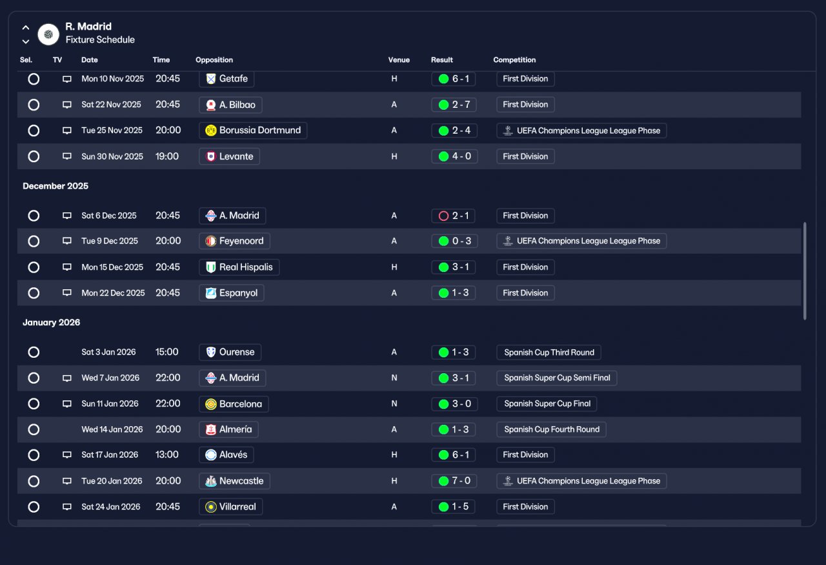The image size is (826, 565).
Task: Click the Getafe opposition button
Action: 227,79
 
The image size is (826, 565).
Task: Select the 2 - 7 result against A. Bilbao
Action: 454,105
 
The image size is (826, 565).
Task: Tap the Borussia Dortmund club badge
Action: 210,130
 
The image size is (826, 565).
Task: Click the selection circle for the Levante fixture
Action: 34,156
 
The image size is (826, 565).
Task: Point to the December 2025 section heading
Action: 55,186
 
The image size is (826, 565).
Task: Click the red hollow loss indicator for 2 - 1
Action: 443,216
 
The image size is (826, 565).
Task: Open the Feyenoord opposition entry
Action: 234,241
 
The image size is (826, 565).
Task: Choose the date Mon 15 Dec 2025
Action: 112,267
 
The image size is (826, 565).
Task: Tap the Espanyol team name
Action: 238,293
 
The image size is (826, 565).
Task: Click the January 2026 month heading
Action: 52,323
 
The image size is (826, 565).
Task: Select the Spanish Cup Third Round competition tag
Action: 549,353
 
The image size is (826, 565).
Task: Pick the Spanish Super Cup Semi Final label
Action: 557,378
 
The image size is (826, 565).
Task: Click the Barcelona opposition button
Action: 234,404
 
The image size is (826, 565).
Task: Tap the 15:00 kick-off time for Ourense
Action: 166,352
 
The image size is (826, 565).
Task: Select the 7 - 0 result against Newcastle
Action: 454,481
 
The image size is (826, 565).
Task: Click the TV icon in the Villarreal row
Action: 66,507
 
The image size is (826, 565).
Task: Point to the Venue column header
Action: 399,60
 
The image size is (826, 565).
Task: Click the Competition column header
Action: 514,60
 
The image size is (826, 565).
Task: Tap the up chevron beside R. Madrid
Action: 25,28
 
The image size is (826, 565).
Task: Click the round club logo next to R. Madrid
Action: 48,34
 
